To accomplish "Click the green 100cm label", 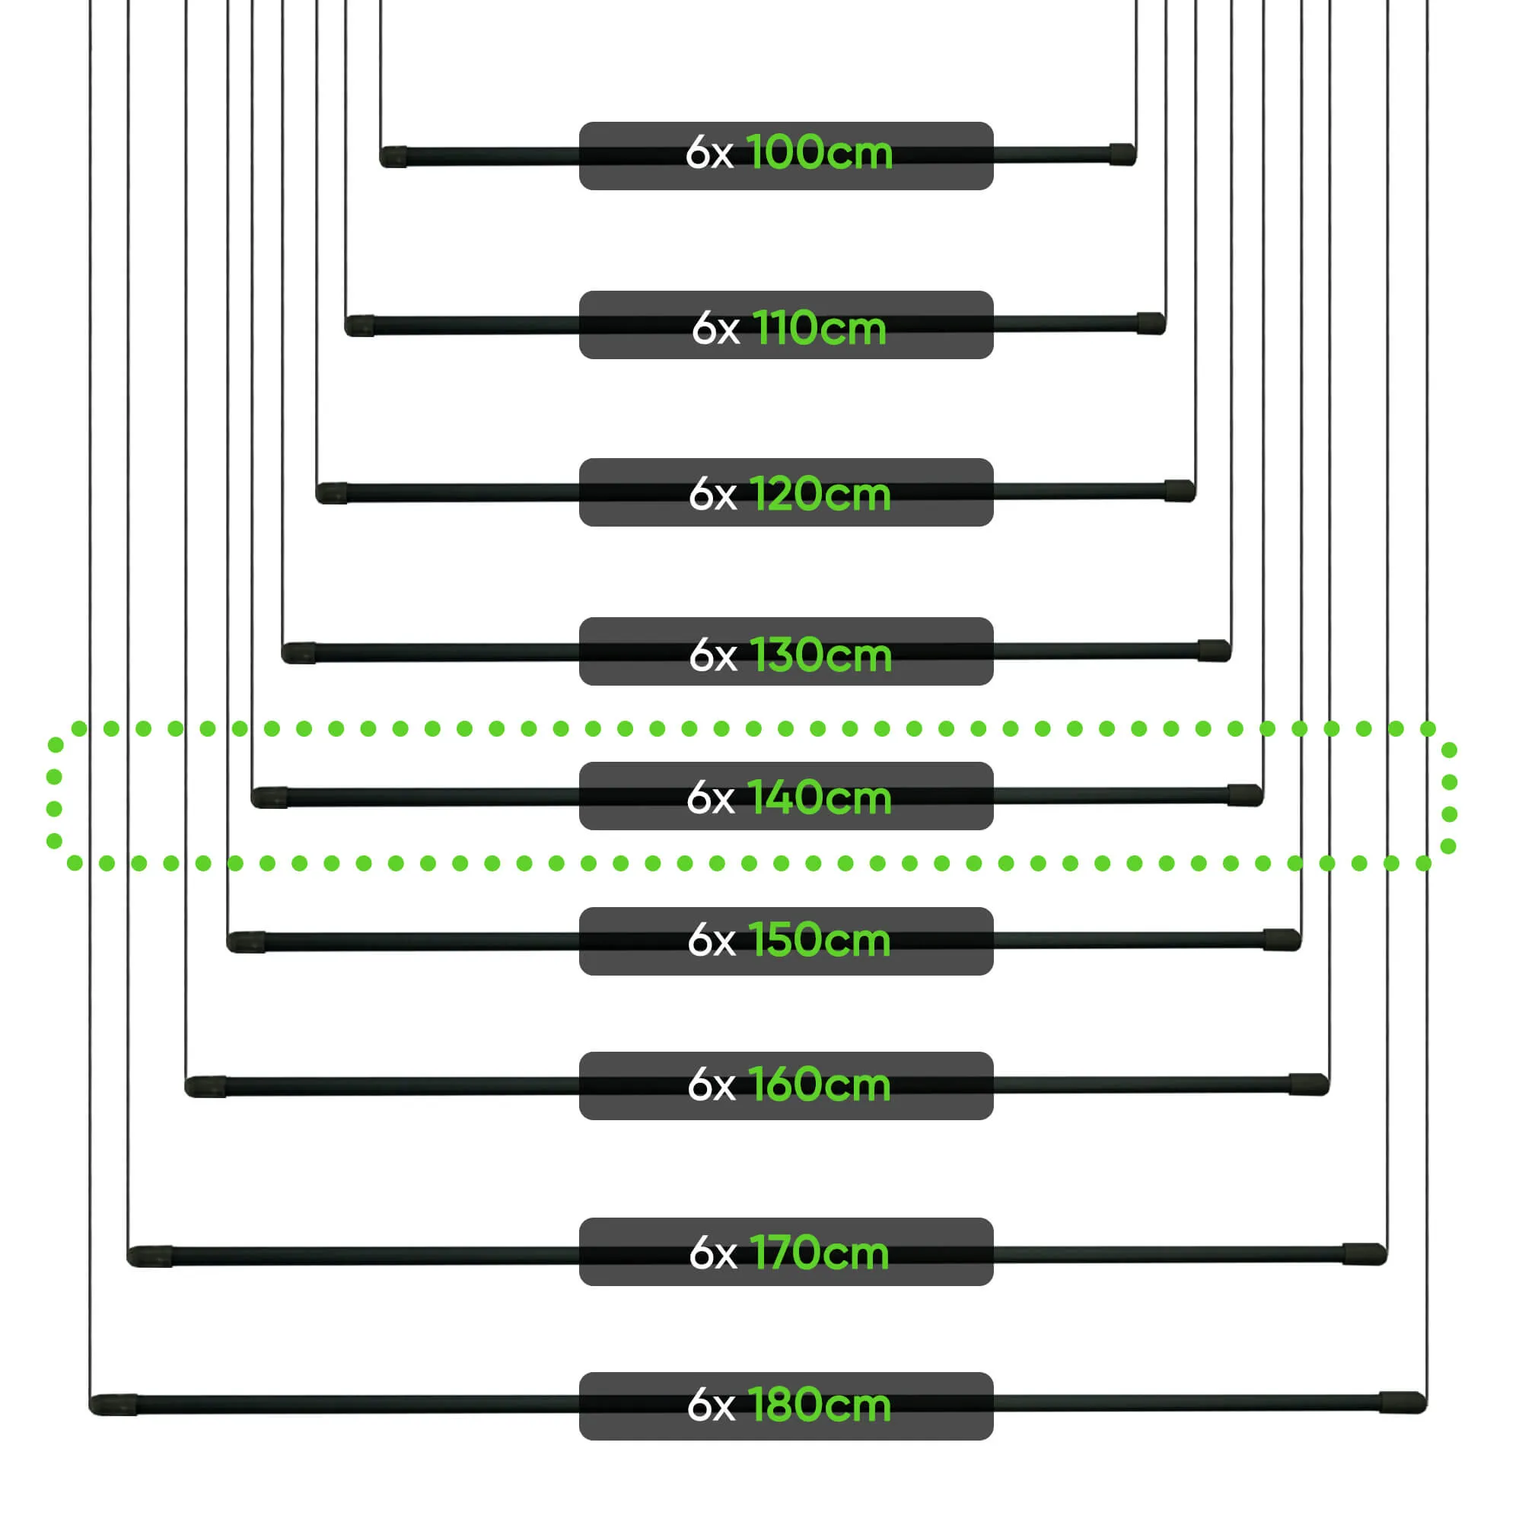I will tap(820, 153).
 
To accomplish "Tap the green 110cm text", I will tap(820, 329).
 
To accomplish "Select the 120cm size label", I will tap(820, 495).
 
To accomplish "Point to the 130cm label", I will tap(820, 655).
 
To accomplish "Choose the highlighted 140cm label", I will tap(820, 798).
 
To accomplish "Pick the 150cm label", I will tap(820, 941).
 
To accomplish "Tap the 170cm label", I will tap(820, 1253).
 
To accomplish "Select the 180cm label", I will tap(820, 1405).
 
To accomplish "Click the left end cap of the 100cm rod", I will tap(394, 157).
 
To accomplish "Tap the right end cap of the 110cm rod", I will tap(1151, 323).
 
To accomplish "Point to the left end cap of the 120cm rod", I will tap(332, 494).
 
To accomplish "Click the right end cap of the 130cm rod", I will tap(1214, 651).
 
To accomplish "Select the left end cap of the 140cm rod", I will tap(269, 798).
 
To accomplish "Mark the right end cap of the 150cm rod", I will tap(1282, 940).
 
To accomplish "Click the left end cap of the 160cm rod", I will tap(205, 1087).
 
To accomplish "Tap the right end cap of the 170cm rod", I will tap(1364, 1253).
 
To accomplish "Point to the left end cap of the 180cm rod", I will tap(113, 1405).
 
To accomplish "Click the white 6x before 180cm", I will tap(711, 1406).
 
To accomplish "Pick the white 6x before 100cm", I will tap(709, 153).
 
